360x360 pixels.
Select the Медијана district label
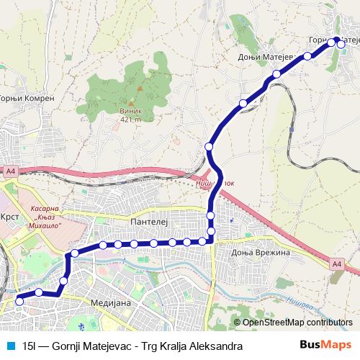click(x=111, y=303)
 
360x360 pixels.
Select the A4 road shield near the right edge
click(x=338, y=264)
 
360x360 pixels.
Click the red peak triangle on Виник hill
click(x=140, y=89)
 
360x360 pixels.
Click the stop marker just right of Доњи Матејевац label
click(x=307, y=55)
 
